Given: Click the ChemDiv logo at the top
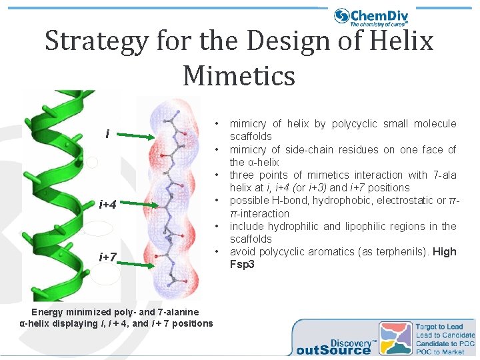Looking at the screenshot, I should pyautogui.click(x=371, y=17).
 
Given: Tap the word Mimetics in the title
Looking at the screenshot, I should pyautogui.click(x=239, y=75).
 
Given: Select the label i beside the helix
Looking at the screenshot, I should pyautogui.click(x=107, y=135).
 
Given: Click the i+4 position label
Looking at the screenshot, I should pyautogui.click(x=108, y=204).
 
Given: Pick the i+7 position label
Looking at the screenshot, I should pyautogui.click(x=108, y=257).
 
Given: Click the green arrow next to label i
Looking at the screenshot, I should pyautogui.click(x=141, y=137).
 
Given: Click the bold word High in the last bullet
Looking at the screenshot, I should pyautogui.click(x=445, y=251).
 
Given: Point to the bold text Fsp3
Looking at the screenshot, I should pyautogui.click(x=242, y=264).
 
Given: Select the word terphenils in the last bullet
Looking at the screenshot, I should pyautogui.click(x=396, y=251).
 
